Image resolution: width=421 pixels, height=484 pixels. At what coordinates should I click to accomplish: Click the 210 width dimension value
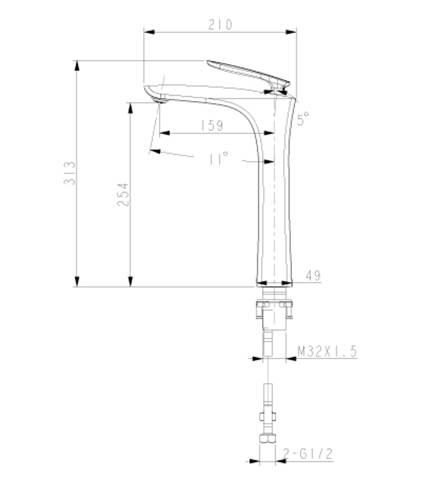[x=220, y=25]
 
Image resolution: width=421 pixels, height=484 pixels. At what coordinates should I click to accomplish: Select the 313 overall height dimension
[x=70, y=173]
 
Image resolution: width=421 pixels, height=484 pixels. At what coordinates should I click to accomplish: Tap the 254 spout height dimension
[x=123, y=194]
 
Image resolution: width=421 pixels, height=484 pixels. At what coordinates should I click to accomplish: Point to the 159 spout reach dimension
[x=212, y=125]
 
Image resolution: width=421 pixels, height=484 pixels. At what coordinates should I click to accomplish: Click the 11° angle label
[x=218, y=159]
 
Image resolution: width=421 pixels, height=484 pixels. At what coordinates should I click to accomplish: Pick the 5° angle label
[x=303, y=119]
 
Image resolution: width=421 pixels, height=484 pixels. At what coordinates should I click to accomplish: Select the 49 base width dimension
[x=313, y=276]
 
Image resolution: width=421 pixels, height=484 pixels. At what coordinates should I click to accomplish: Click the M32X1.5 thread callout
[x=327, y=351]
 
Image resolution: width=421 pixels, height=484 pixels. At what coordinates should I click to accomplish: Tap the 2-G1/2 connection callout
[x=308, y=454]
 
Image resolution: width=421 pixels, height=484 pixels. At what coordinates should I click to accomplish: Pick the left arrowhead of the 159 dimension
[x=165, y=133]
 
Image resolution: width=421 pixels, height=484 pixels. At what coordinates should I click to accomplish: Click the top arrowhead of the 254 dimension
[x=131, y=108]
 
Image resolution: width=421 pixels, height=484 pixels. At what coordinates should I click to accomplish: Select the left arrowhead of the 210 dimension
[x=149, y=32]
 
